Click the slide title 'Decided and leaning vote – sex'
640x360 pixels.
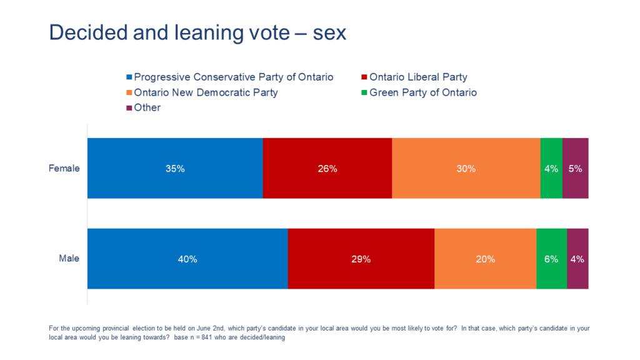197,32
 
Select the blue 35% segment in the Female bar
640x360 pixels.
175,168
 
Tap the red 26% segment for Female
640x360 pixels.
327,168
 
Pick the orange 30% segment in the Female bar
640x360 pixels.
466,168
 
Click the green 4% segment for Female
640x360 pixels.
551,168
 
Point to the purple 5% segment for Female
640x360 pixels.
576,168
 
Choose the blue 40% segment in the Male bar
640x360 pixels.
187,259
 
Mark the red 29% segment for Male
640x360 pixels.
361,259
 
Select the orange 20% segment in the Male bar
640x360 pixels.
486,259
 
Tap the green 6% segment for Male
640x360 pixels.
551,259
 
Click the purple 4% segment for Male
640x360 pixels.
577,259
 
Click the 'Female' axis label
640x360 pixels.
64,168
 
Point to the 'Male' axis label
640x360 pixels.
69,258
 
